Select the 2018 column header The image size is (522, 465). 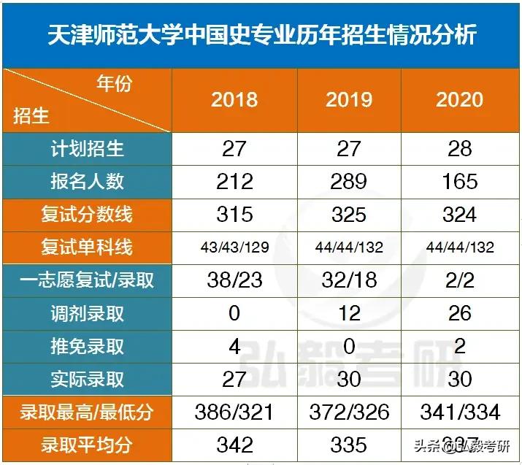coord(234,100)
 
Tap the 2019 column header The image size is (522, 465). coord(349,100)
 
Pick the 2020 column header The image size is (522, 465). coord(460,100)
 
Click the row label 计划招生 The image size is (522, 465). coord(88,149)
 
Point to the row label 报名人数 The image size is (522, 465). coord(88,182)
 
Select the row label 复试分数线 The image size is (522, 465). coord(88,215)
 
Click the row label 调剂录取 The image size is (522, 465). coord(88,313)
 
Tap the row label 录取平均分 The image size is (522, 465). coord(88,444)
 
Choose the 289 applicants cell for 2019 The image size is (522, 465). coord(349,182)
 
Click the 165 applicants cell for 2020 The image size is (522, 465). coord(460,182)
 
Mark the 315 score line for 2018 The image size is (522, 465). coord(234,215)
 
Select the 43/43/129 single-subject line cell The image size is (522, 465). coord(234,248)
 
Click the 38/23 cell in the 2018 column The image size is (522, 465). coord(234,280)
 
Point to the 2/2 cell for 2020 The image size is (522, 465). coord(460,280)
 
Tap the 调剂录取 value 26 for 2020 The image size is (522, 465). coord(460,313)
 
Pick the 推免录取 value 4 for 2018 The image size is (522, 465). coord(234,346)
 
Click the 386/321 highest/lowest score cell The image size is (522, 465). coord(234,412)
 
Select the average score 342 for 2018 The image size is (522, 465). coord(234,444)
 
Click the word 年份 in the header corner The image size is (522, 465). coord(115,84)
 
